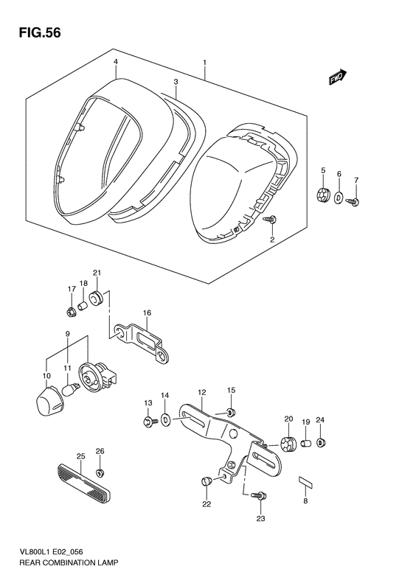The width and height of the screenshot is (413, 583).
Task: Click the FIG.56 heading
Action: tap(39, 32)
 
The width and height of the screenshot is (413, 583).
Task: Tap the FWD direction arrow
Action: tap(338, 77)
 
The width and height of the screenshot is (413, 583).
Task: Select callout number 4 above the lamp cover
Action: tap(116, 62)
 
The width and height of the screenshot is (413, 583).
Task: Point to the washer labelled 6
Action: tap(339, 197)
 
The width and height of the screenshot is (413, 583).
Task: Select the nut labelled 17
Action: tap(71, 313)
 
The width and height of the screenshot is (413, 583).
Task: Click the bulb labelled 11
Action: tap(71, 390)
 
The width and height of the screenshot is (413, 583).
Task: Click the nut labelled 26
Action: tap(100, 473)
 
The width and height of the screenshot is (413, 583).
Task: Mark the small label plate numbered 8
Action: tap(306, 482)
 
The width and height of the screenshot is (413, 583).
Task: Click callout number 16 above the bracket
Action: tap(147, 313)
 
